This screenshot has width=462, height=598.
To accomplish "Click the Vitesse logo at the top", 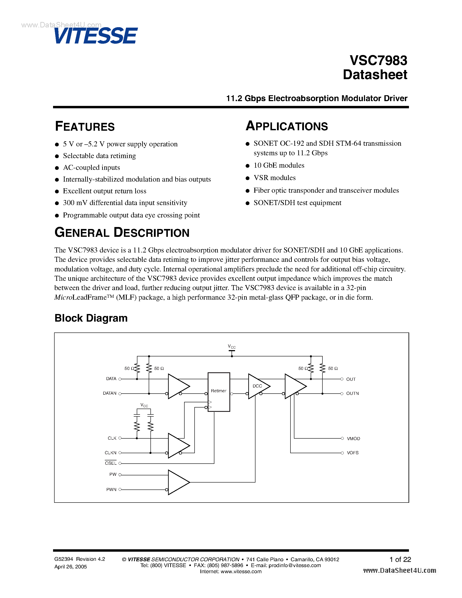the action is (x=96, y=36).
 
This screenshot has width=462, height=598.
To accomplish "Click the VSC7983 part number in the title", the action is (x=378, y=60).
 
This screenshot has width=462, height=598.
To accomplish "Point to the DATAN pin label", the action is (x=110, y=393).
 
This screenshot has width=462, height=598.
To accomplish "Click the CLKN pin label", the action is (x=111, y=453).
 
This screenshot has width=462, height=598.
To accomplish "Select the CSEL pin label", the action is (x=111, y=463).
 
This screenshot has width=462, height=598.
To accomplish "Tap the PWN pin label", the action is (x=111, y=489).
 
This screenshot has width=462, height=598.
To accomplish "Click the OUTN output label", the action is (x=352, y=393).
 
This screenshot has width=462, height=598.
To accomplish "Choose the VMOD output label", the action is (x=353, y=439).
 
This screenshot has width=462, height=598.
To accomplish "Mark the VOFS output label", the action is (x=352, y=453).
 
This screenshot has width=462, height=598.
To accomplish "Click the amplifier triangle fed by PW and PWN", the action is (x=177, y=482).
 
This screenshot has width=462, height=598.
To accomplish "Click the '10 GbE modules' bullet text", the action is (x=279, y=165).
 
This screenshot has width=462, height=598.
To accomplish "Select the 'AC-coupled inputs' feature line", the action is (x=91, y=168).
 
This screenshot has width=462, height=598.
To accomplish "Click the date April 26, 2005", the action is (x=71, y=567).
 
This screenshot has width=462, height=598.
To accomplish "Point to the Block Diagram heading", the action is (x=91, y=318).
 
